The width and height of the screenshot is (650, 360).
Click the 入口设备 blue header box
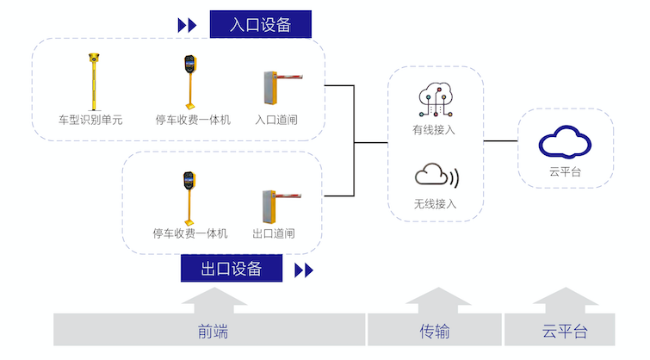[x=260, y=24]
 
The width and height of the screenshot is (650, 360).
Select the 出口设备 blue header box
[x=232, y=269]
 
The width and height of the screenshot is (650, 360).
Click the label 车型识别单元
[x=90, y=120]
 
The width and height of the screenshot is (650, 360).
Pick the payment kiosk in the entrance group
[x=189, y=82]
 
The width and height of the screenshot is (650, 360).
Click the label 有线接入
[x=434, y=130]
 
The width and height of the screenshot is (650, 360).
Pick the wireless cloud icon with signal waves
[x=436, y=177]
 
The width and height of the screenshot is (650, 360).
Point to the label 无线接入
[x=435, y=204]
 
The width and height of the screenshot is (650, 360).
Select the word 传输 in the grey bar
[x=435, y=332]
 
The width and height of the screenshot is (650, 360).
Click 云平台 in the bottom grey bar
[x=565, y=332]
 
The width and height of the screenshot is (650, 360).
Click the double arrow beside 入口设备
[x=187, y=25]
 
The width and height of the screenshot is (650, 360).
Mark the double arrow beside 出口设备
[x=303, y=270]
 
